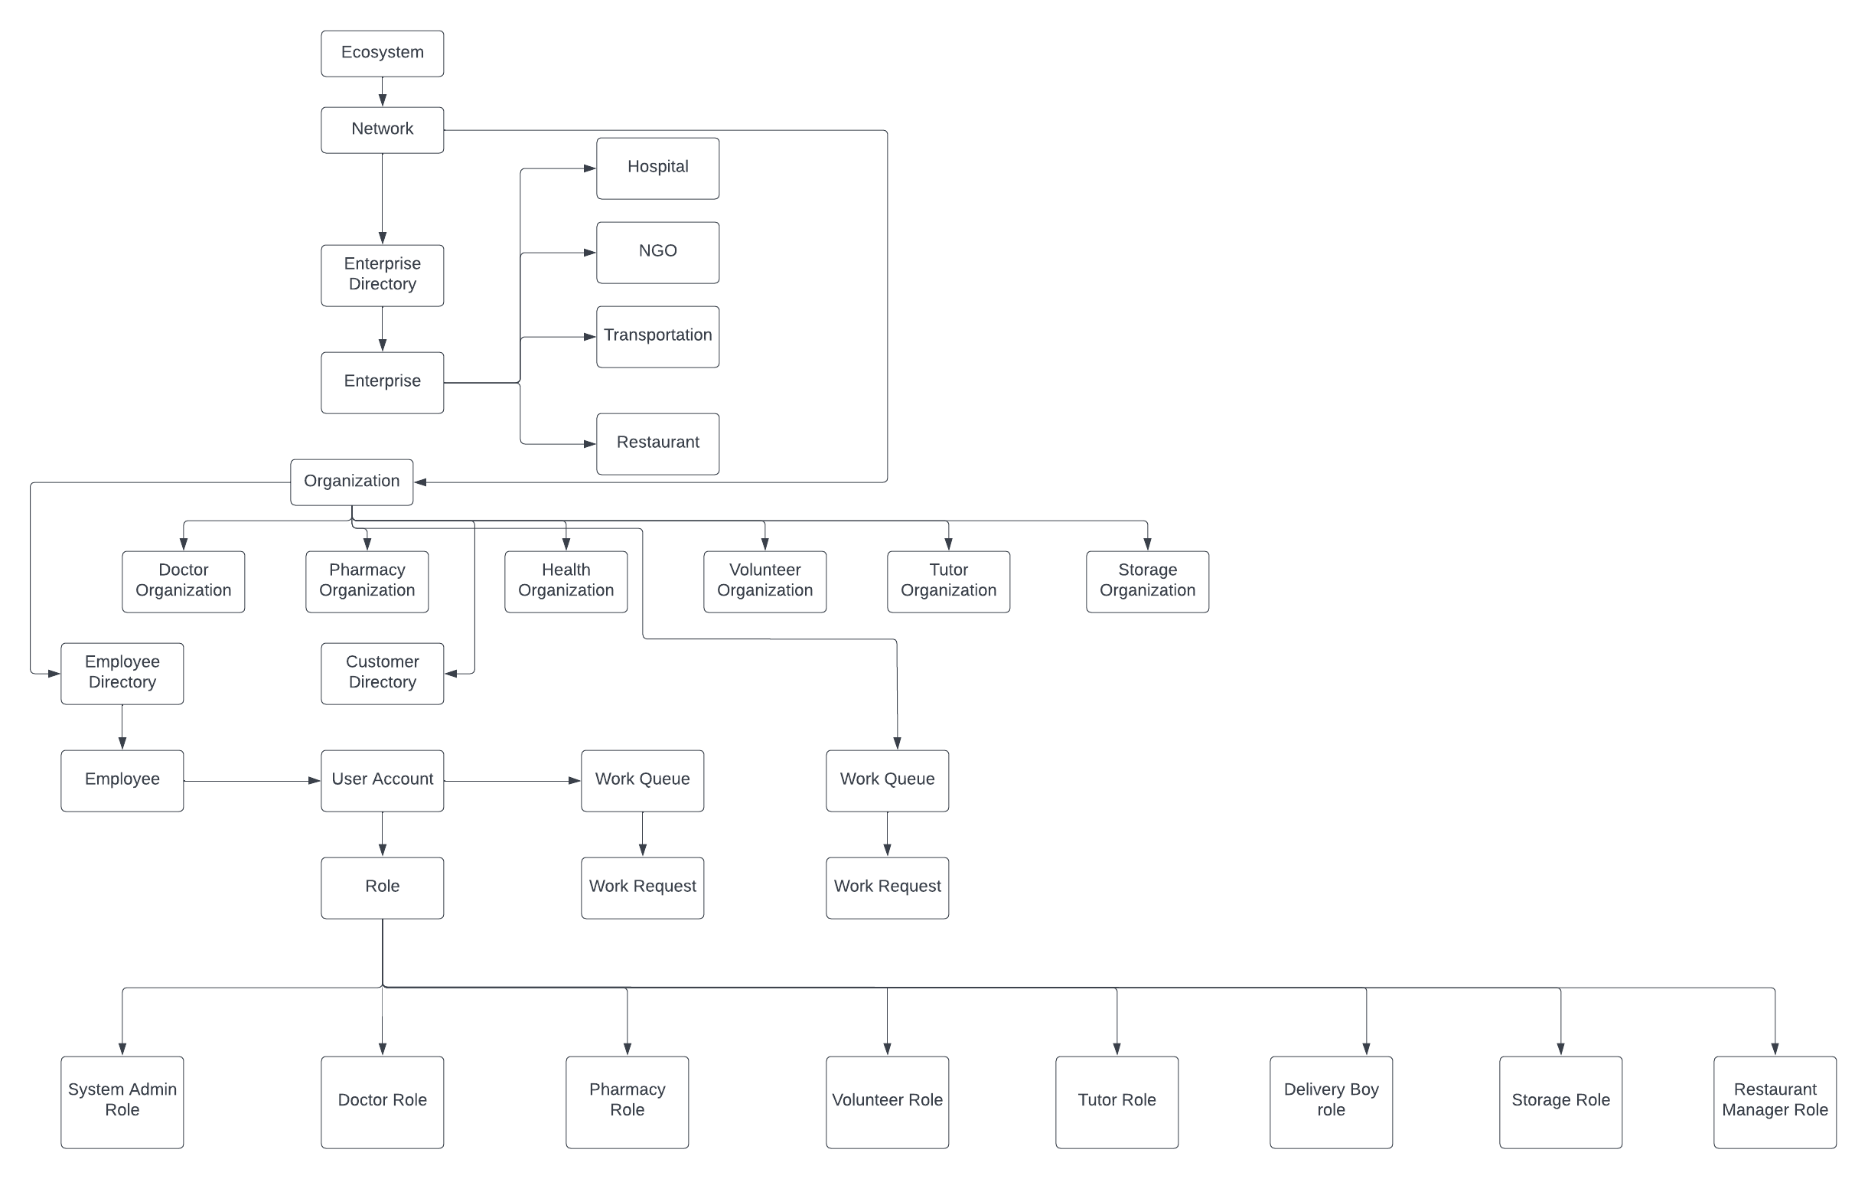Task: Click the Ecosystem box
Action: tap(382, 54)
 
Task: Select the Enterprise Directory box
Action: tap(382, 275)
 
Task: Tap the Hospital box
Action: tap(657, 168)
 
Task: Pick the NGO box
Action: tap(657, 252)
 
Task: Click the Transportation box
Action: tap(657, 336)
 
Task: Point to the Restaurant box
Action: tap(657, 443)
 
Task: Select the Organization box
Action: tap(351, 482)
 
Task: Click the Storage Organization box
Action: tap(1146, 581)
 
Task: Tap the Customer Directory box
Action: tap(382, 673)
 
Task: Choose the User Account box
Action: tap(382, 780)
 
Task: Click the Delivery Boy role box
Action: tap(1331, 1102)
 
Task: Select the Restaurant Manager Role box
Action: tap(1774, 1102)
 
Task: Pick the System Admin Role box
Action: tap(122, 1102)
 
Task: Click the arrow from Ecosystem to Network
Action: tap(382, 92)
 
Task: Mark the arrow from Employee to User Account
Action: tap(252, 781)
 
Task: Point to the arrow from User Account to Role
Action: tap(382, 834)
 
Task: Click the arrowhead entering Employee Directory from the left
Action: tap(54, 674)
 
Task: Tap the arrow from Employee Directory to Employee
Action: tap(122, 727)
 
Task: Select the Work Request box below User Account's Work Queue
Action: tap(642, 887)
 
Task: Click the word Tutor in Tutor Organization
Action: tap(948, 570)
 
